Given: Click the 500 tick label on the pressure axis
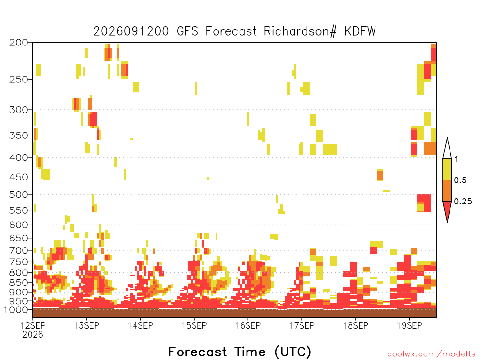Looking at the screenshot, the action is coord(18,195).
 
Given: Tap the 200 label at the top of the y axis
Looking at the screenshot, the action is coord(18,43).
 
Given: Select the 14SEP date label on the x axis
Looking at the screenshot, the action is coord(141,325).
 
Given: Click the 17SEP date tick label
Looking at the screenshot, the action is coord(302,325).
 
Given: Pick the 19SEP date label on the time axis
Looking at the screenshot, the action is coord(410,325).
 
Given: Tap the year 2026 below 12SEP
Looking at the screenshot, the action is coord(33,335).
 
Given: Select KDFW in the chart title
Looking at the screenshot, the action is coord(360,31).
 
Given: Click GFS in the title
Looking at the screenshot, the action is coord(187,31).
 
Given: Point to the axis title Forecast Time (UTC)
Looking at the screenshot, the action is coord(240,352).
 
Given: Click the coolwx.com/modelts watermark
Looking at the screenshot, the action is coord(431,354).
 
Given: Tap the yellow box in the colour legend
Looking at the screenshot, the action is coord(447,169).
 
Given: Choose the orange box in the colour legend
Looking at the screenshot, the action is coord(447,190).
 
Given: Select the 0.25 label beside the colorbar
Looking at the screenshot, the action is coord(463,202).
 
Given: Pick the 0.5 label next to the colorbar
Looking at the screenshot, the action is coord(460,180).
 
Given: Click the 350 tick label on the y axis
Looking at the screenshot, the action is coord(18,135).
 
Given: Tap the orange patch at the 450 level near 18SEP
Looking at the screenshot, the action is coord(380,175).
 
